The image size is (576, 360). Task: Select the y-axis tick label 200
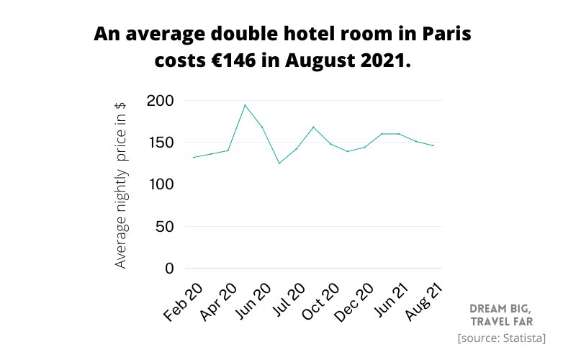pos(159,100)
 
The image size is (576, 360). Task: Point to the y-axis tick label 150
pos(159,142)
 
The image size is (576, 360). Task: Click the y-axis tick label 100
pos(159,184)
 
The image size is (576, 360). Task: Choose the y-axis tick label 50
pos(163,226)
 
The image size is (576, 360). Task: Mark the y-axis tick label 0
pos(169,269)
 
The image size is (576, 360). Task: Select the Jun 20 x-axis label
pos(253,302)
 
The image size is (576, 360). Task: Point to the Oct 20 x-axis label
pos(320,302)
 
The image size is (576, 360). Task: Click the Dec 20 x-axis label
pos(355,302)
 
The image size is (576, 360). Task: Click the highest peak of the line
pos(245,105)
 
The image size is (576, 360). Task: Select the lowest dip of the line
pos(279,163)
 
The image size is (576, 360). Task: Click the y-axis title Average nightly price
pos(121,184)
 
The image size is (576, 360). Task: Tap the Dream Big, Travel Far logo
pos(501,315)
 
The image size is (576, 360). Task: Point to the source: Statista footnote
pos(501,338)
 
